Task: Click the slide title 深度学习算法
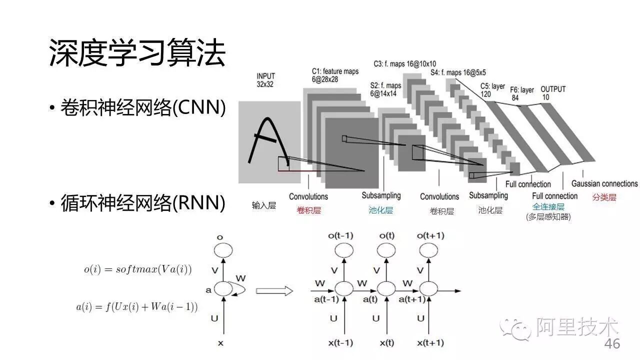(x=137, y=53)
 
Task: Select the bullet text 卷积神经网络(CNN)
(x=143, y=107)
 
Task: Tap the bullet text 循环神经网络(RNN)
(x=143, y=203)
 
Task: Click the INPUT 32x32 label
(x=266, y=80)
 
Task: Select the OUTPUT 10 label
(x=552, y=93)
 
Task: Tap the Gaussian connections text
(x=604, y=183)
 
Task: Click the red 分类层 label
(x=604, y=197)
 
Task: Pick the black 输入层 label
(x=263, y=205)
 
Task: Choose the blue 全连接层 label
(x=548, y=206)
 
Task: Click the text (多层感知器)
(x=548, y=216)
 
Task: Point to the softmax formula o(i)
(x=137, y=269)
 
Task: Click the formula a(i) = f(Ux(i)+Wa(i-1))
(x=136, y=306)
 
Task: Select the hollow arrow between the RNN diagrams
(x=274, y=290)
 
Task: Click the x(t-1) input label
(x=340, y=343)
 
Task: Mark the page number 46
(x=612, y=344)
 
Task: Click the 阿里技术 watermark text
(x=577, y=327)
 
